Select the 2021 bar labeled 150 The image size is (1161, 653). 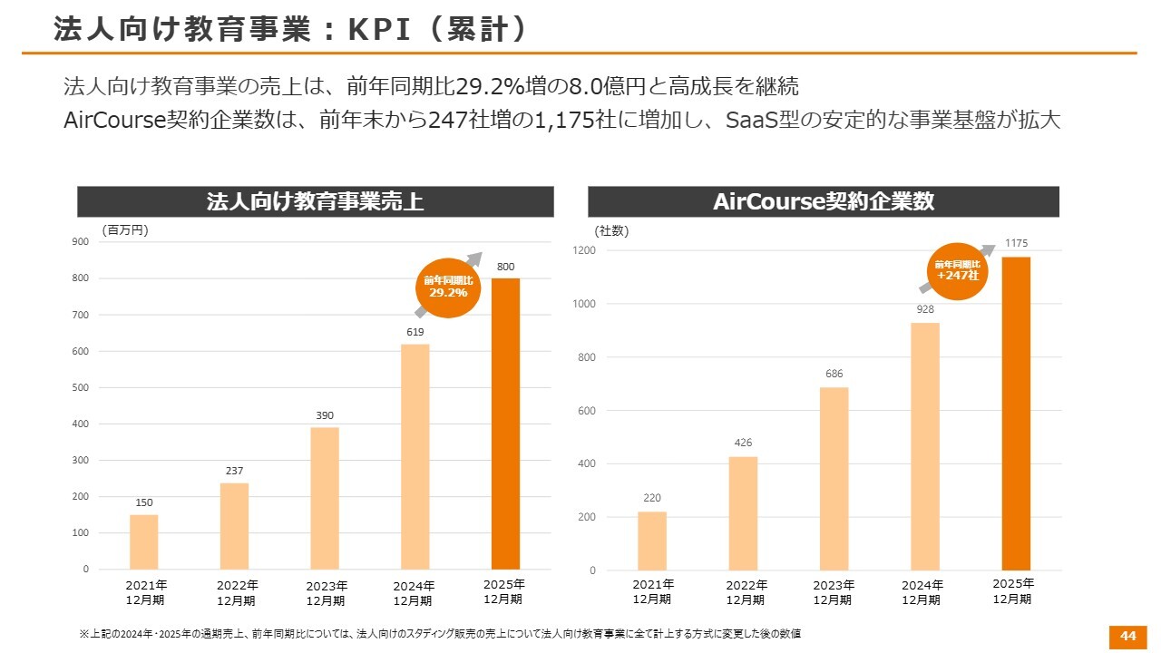(x=143, y=541)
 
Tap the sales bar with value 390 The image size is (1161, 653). (x=324, y=498)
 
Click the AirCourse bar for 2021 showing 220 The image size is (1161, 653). (x=651, y=541)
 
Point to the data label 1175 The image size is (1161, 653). (x=1016, y=243)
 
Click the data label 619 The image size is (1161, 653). (x=415, y=332)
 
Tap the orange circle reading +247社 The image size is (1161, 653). (x=957, y=270)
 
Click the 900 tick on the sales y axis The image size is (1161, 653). (x=81, y=241)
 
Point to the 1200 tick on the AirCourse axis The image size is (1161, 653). (x=584, y=250)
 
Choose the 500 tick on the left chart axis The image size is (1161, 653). (x=81, y=387)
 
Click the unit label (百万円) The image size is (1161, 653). (x=124, y=230)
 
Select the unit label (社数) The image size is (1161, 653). (x=611, y=230)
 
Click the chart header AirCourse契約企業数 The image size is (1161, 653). (x=823, y=201)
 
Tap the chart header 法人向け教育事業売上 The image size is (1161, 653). (x=315, y=201)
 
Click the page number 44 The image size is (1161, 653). (x=1127, y=636)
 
